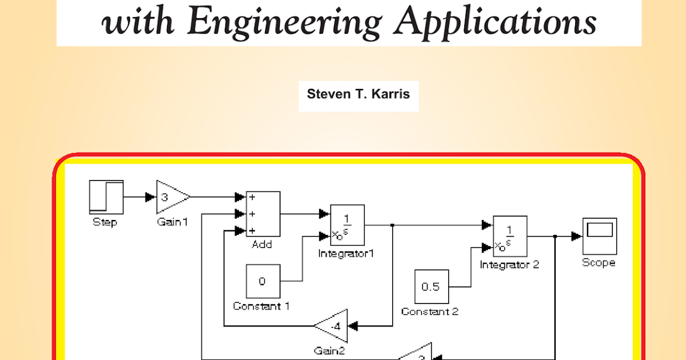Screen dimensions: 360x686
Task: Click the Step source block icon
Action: coord(106,197)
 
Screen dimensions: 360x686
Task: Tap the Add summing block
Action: coord(263,214)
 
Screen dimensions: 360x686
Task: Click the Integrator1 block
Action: coord(348,225)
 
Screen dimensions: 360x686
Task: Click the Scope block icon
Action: coord(599,236)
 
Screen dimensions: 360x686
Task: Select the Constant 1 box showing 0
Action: coord(263,281)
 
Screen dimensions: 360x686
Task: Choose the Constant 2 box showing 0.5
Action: coord(432,286)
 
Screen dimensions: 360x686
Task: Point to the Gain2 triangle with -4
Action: coord(333,326)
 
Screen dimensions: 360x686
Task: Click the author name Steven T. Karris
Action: coord(358,94)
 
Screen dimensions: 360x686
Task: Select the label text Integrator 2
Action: coord(509,265)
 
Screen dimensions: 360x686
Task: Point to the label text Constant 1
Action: coord(261,306)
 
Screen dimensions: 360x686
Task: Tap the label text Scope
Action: coord(599,262)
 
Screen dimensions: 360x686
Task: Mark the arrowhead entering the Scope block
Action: coord(576,236)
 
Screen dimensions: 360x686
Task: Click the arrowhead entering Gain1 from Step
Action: coord(150,197)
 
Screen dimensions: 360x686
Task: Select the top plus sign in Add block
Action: coord(252,197)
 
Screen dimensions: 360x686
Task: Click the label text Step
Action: coord(105,222)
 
